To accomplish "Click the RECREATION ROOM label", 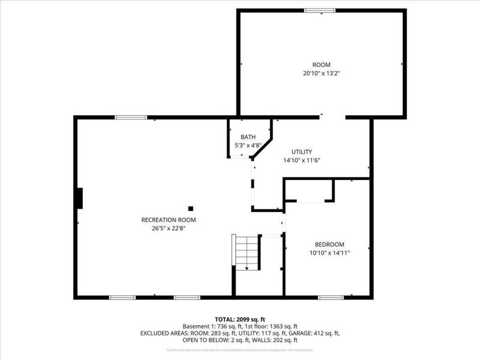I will (x=169, y=220).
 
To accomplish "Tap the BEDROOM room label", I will (x=329, y=244).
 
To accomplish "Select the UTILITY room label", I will (x=302, y=152).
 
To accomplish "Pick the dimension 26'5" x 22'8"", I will (x=169, y=228).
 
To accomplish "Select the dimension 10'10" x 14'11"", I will (x=329, y=253).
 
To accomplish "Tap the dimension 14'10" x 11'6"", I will (x=302, y=160).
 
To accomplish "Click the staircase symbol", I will (x=245, y=253).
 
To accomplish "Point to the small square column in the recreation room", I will (x=191, y=208).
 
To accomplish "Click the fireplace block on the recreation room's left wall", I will (x=79, y=198).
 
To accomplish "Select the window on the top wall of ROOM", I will (x=319, y=10).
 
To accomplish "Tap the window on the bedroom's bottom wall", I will (x=331, y=297).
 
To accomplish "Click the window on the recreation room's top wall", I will (x=127, y=118).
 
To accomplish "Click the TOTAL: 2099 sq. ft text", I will (x=240, y=319).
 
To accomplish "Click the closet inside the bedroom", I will (x=309, y=191).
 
